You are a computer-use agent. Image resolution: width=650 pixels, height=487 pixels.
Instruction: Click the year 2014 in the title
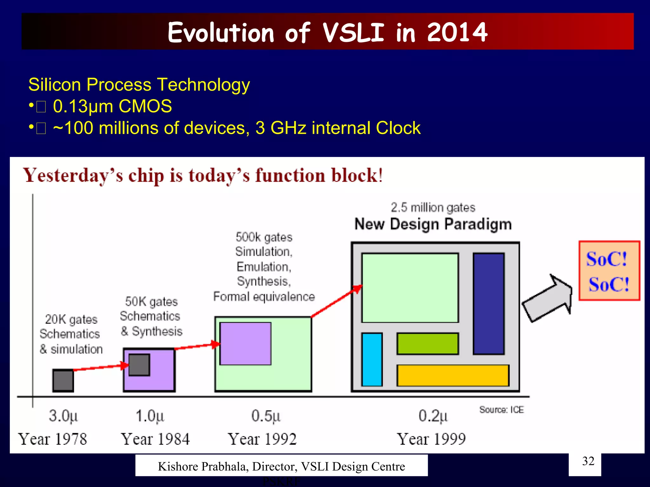coord(457,32)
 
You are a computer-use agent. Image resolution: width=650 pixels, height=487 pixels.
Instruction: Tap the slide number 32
coord(588,461)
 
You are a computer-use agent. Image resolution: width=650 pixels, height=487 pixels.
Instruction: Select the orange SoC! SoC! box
coord(609,271)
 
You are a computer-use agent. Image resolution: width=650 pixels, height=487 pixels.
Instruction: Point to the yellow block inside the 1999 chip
coord(453,375)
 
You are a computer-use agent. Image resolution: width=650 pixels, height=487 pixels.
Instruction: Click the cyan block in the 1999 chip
coord(372,359)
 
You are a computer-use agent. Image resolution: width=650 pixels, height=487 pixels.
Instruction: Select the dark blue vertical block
coord(488,303)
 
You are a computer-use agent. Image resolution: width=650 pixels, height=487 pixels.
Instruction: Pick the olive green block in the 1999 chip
coord(427,343)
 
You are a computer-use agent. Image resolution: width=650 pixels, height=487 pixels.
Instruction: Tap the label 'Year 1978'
coord(53,439)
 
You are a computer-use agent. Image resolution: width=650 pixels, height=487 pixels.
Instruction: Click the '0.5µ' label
coord(266,416)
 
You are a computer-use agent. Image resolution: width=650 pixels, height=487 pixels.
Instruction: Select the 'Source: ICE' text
coord(501,410)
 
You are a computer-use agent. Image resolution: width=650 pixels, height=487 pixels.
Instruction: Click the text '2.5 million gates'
coord(433,208)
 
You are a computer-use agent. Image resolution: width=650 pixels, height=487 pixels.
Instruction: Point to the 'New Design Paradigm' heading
coord(433,224)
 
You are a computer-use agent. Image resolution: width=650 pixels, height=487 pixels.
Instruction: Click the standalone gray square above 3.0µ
coord(63,380)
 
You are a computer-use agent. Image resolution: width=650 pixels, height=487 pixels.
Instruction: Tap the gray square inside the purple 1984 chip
coord(139,365)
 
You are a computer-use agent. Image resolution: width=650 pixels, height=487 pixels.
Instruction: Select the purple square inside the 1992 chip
coord(245,344)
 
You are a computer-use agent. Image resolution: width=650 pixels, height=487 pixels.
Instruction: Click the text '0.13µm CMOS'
coord(112,106)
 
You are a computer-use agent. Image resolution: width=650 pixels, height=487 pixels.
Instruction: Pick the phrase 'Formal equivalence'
coord(264,297)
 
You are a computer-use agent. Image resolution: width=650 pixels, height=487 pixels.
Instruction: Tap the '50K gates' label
coord(151,302)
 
